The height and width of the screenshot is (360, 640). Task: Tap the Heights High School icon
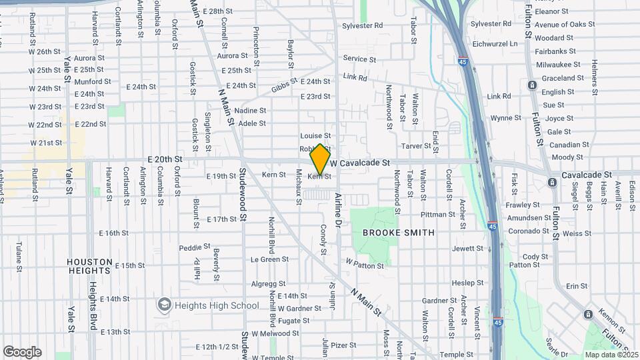(164, 305)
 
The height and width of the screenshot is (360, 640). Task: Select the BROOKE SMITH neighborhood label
(398, 233)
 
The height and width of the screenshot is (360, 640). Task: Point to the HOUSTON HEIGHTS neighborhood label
(89, 267)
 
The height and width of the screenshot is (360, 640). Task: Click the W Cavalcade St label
(359, 163)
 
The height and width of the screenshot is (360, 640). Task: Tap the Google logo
(22, 352)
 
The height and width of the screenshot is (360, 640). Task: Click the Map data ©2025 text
(610, 355)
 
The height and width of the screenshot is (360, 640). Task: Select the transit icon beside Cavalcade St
(551, 182)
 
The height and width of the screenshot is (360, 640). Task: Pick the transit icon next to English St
(531, 85)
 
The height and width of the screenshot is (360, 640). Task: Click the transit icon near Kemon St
(587, 315)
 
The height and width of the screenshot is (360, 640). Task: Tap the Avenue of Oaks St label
(564, 25)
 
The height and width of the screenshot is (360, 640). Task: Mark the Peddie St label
(190, 248)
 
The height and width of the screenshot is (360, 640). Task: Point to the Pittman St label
(437, 215)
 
